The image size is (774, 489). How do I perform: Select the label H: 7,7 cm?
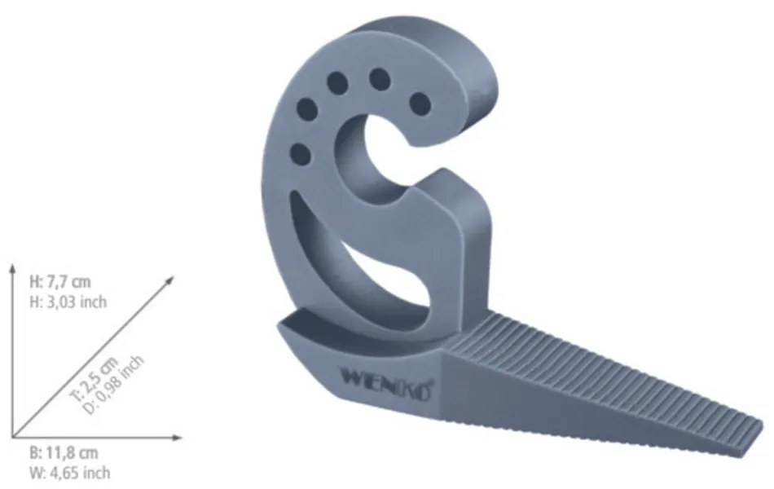point(60,283)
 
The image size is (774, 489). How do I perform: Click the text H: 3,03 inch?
point(68,302)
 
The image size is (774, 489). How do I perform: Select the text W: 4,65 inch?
point(69,473)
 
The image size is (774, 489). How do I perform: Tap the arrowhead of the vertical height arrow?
point(13,268)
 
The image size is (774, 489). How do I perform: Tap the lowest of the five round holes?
point(299,152)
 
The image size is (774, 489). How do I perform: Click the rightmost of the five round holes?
point(420,103)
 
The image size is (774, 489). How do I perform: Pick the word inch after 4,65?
point(95,473)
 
